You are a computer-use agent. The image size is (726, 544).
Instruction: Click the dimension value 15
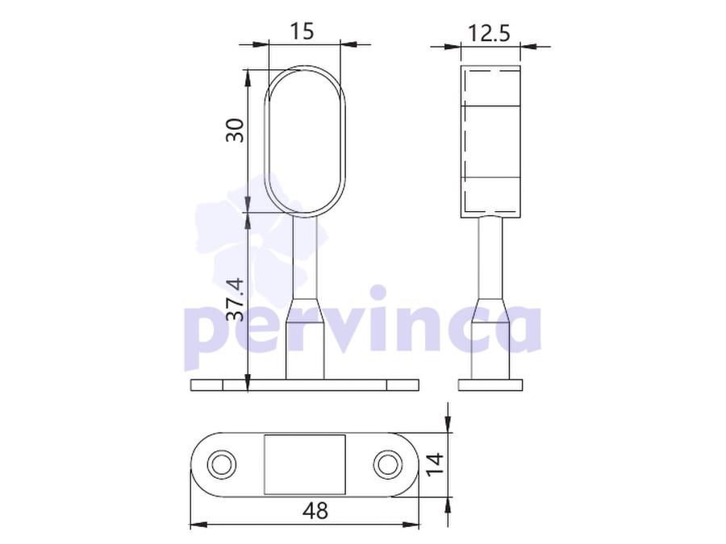coord(302,31)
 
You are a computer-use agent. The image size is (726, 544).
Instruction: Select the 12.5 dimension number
coord(489,33)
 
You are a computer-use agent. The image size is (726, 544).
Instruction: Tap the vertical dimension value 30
coord(236,131)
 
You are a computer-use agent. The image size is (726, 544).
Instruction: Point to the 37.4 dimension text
coord(236,299)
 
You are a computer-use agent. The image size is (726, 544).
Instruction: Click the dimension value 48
coord(315,511)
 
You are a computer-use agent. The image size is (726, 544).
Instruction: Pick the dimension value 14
coord(435,465)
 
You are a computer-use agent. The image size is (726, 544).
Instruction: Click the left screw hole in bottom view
coord(222,465)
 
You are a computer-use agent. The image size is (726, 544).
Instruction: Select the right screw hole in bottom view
coord(388,465)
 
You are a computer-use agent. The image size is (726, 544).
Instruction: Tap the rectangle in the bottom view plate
coord(305,464)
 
